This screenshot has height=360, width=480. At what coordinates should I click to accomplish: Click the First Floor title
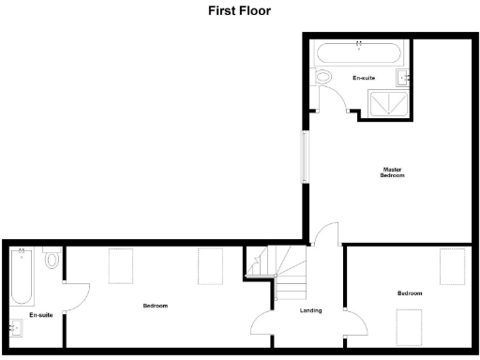click(239, 12)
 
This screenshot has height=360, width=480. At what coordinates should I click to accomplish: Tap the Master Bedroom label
click(393, 172)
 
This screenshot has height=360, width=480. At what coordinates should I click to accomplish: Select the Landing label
click(311, 310)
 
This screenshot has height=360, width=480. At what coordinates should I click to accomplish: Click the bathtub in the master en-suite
click(360, 52)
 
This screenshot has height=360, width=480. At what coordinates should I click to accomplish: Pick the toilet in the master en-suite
click(324, 77)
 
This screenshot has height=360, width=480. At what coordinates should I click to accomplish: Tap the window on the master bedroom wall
click(303, 156)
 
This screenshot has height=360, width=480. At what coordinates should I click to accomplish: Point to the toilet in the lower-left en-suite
click(52, 258)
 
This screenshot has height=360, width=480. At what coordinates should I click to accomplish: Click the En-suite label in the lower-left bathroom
click(40, 316)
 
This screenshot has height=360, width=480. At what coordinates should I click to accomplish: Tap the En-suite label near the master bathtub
click(364, 77)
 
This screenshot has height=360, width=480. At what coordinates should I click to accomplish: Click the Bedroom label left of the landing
click(156, 306)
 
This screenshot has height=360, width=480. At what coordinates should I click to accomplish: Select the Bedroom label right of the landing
click(410, 293)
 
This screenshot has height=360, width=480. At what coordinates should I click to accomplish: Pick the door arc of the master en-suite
click(333, 99)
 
